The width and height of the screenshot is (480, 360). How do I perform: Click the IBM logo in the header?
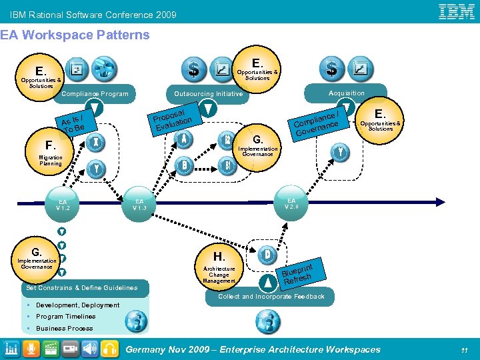(456, 11)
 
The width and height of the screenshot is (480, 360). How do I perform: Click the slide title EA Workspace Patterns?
(75, 35)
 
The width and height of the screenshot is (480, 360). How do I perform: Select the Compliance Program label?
(95, 94)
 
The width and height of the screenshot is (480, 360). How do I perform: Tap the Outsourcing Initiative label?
(208, 94)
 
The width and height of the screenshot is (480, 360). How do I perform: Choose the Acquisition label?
(347, 93)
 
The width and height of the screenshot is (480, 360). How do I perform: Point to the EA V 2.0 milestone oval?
(291, 203)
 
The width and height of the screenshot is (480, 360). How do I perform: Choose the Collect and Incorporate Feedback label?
(271, 297)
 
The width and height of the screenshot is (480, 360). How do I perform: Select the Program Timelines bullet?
(65, 317)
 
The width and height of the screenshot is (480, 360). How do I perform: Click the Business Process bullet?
(64, 329)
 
